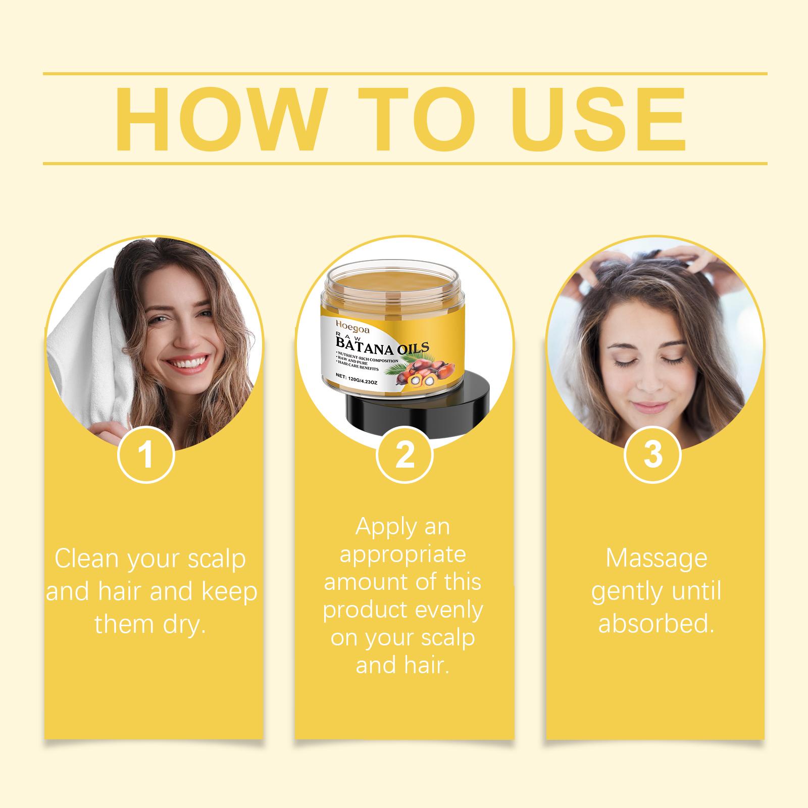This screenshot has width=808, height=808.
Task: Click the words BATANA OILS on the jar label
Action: tap(378, 347)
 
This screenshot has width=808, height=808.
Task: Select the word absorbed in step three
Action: tap(656, 623)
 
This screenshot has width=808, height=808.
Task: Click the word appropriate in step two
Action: tap(402, 555)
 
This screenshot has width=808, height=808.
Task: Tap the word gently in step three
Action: tap(622, 592)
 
